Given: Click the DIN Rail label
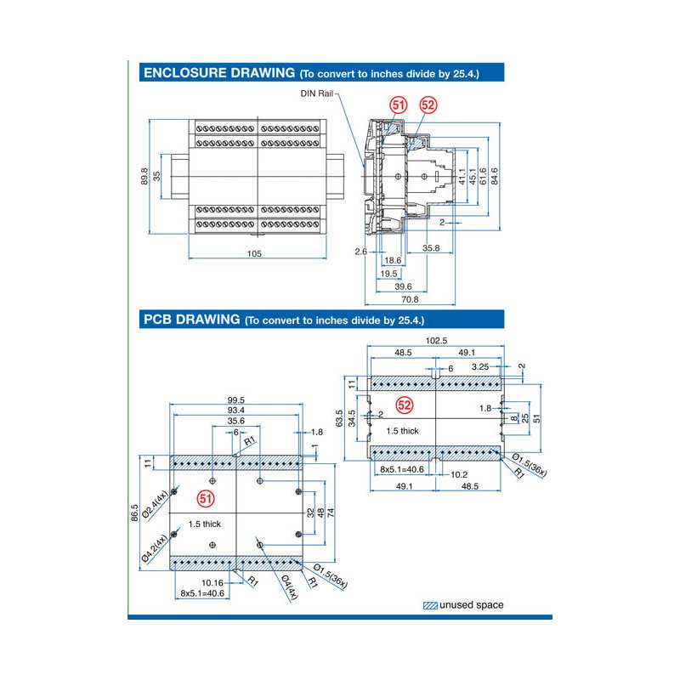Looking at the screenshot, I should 315,93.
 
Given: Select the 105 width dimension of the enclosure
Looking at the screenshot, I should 253,253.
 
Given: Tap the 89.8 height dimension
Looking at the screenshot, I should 144,176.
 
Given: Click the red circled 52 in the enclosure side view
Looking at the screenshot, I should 428,105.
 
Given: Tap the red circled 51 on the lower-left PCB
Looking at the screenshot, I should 205,496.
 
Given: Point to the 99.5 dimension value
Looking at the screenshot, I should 235,400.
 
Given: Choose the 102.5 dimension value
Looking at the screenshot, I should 435,341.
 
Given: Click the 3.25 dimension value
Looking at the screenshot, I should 479,366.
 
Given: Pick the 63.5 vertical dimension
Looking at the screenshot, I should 340,420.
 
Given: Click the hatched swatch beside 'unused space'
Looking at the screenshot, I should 430,605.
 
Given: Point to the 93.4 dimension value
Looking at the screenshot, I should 235,411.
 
